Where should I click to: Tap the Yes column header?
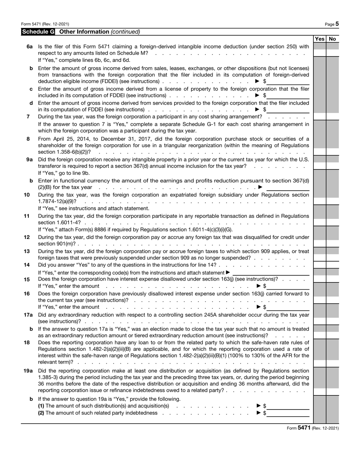click(319, 39)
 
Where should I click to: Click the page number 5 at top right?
click(337, 24)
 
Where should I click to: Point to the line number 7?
click(28, 116)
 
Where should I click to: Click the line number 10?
click(27, 195)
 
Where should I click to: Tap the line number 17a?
click(28, 315)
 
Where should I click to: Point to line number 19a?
click(28, 370)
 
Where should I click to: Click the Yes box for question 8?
click(319, 152)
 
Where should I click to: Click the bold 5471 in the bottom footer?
click(304, 428)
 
